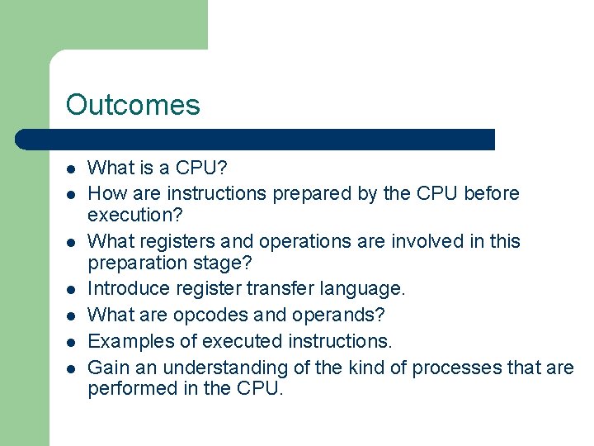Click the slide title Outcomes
133,105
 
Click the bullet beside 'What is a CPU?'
71,168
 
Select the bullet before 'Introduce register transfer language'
71,289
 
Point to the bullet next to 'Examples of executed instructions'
71,342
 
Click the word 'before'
492,193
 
